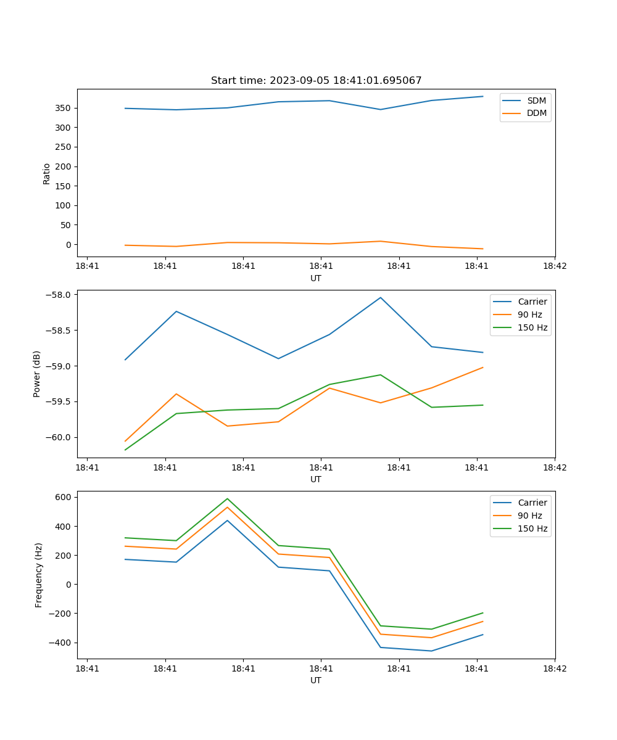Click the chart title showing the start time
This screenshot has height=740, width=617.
[316, 81]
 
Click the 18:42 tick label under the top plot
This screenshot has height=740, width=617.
[554, 266]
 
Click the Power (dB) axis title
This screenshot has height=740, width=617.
[37, 374]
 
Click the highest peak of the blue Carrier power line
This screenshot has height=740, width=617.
[381, 297]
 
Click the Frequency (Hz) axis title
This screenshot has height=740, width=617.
[39, 575]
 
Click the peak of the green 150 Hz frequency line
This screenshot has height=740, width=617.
[227, 498]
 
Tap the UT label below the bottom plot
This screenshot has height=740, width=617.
[316, 680]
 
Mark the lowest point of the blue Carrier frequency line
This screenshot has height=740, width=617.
[431, 651]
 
